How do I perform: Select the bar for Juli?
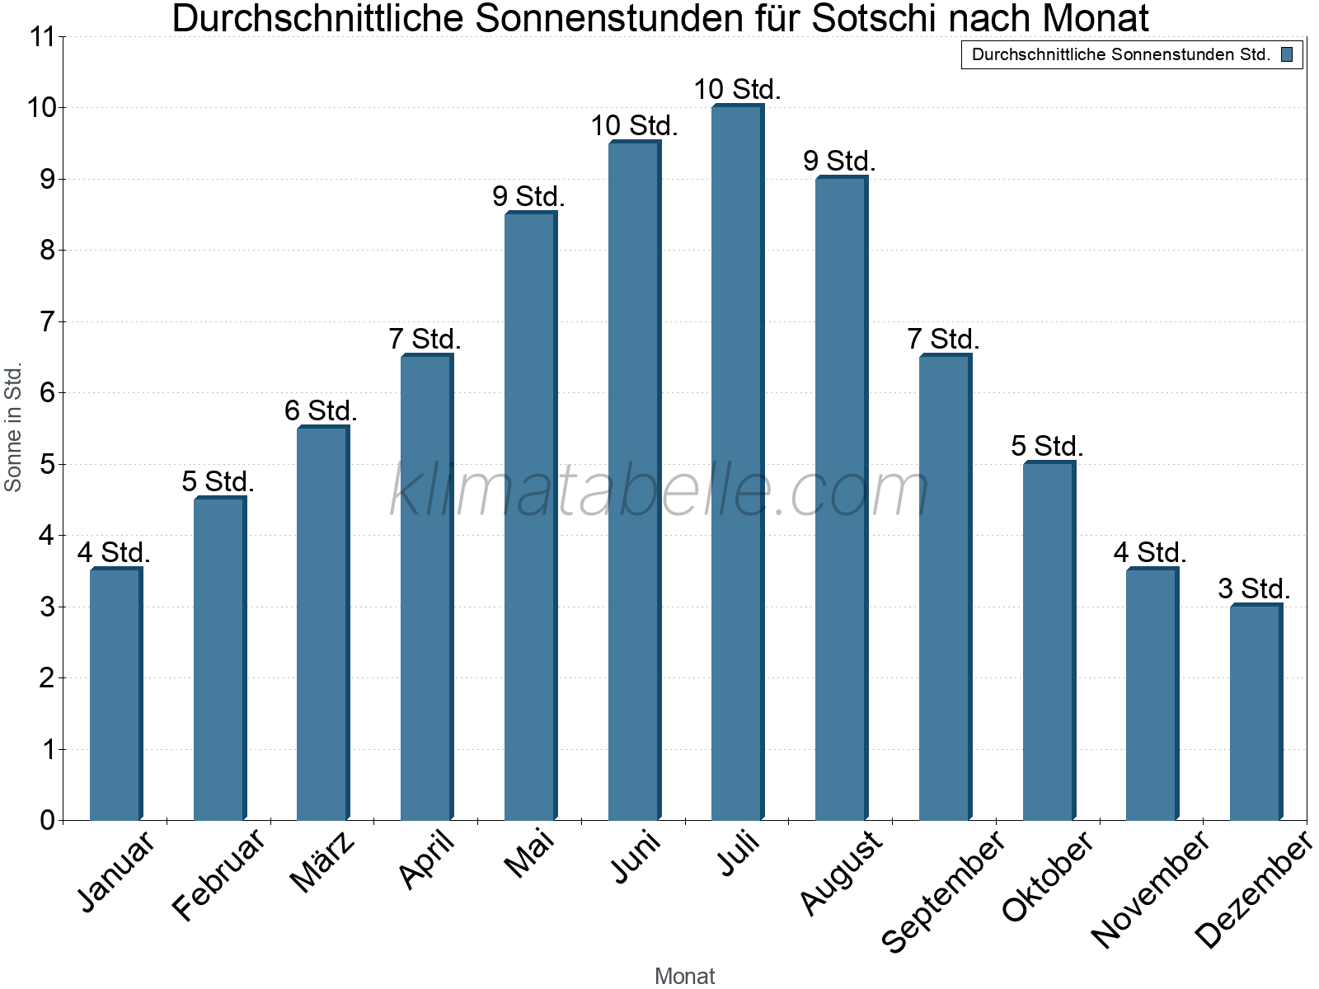pyautogui.click(x=737, y=462)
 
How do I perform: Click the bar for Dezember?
pyautogui.click(x=1256, y=713)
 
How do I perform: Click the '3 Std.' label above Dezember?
pyautogui.click(x=1254, y=589)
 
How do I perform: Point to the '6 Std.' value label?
pyautogui.click(x=321, y=410)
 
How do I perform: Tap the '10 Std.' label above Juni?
pyautogui.click(x=634, y=126)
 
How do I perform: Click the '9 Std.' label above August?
pyautogui.click(x=839, y=162)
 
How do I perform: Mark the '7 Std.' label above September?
pyautogui.click(x=943, y=339)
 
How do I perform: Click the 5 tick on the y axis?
pyautogui.click(x=47, y=465)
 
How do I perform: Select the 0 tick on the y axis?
pyautogui.click(x=47, y=821)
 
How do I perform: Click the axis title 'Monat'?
pyautogui.click(x=684, y=977)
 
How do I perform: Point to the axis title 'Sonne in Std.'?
pyautogui.click(x=13, y=429)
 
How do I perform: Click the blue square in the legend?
pyautogui.click(x=1287, y=55)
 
